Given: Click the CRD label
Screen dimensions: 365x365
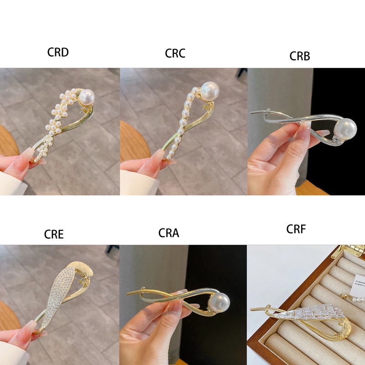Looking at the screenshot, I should point(58,52).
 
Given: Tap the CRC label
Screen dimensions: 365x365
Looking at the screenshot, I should point(175,53).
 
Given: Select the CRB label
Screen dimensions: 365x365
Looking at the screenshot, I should point(300,56).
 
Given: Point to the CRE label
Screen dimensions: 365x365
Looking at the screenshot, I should point(54,235).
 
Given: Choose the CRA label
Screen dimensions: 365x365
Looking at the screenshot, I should point(169,233).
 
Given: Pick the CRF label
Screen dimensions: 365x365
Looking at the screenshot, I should point(296,229).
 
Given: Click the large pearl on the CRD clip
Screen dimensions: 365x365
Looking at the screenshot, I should point(87,97).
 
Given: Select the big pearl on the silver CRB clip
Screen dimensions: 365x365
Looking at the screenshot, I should point(346,129).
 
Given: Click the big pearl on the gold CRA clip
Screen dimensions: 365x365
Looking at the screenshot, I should point(219,301).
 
